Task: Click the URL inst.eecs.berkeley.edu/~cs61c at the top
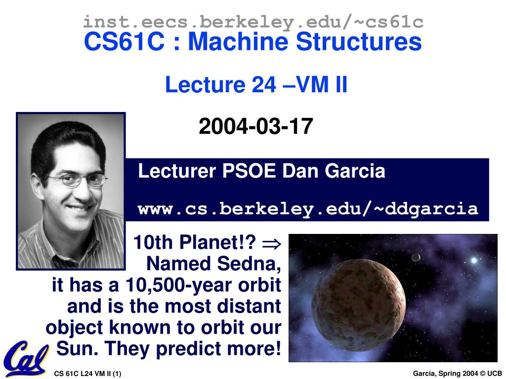click(x=253, y=22)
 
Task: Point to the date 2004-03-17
click(x=256, y=126)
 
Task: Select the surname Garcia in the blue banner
click(x=355, y=171)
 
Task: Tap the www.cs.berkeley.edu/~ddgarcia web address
click(x=308, y=209)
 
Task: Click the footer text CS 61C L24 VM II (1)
click(x=88, y=374)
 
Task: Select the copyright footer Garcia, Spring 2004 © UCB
click(x=457, y=374)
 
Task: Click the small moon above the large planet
click(x=416, y=257)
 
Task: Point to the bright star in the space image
click(x=474, y=260)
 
